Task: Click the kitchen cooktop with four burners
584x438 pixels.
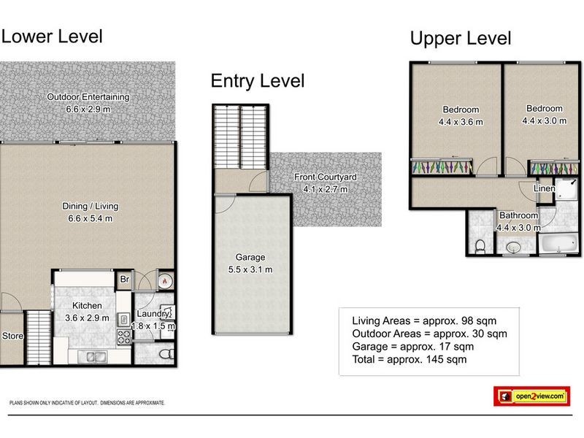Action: click(124, 337)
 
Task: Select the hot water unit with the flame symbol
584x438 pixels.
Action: click(165, 281)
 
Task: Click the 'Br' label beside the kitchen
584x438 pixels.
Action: click(125, 279)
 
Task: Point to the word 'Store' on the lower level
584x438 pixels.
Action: click(12, 336)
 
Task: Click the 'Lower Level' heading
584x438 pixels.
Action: click(52, 36)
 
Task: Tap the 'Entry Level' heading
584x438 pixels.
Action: click(258, 81)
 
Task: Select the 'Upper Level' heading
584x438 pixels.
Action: click(461, 39)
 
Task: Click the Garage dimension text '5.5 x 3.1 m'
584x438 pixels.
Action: click(250, 269)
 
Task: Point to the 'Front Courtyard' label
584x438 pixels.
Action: click(326, 177)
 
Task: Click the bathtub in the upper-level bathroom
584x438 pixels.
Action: click(558, 243)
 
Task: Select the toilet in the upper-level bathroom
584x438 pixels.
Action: click(480, 247)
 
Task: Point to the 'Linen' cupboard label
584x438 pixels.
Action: click(544, 188)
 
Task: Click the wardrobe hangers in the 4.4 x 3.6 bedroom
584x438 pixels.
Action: click(442, 167)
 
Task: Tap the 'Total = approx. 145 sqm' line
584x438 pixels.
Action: click(410, 359)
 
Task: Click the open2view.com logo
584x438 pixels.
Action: click(531, 396)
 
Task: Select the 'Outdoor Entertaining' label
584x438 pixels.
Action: click(88, 97)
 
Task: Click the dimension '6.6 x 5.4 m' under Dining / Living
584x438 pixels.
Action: click(90, 218)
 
